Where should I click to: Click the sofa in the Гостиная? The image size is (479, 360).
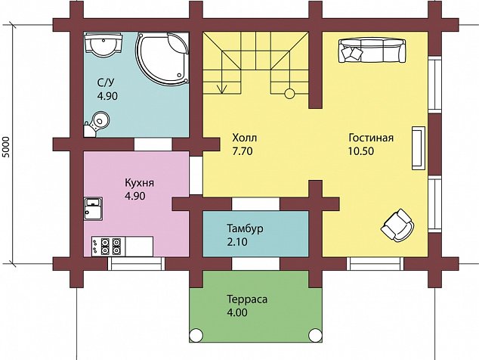click(372, 50)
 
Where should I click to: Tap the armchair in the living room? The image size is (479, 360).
click(397, 225)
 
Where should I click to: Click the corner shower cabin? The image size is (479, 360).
click(162, 59)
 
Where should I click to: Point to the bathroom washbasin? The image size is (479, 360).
click(104, 44)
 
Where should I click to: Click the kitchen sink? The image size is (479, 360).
click(93, 208)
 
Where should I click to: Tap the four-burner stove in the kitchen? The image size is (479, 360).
click(109, 247)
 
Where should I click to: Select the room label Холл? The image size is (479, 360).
click(245, 138)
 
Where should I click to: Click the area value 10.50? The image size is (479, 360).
click(361, 151)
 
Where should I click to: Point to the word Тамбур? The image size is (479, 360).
click(245, 228)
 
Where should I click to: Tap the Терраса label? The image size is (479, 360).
click(247, 299)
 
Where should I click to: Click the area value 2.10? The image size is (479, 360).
click(236, 242)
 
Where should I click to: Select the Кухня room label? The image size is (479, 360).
click(139, 182)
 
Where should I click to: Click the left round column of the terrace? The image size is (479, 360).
click(196, 335)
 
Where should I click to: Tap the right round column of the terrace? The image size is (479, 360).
click(315, 335)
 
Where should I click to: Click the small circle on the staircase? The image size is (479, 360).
click(289, 94)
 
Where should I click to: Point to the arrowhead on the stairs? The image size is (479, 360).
click(222, 88)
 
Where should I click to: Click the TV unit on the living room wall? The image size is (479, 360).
click(419, 147)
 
